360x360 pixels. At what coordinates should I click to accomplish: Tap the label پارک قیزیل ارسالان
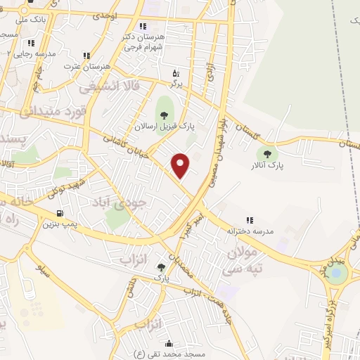coord(164,127)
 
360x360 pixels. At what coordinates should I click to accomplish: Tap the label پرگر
coord(175,83)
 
